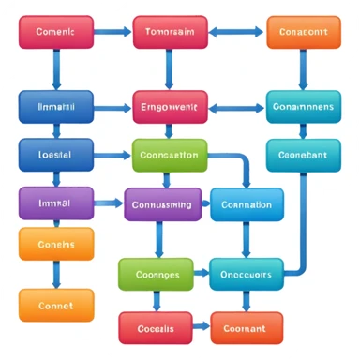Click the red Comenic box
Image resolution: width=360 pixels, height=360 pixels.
pyautogui.click(x=56, y=32)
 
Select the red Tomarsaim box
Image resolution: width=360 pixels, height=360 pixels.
pyautogui.click(x=170, y=32)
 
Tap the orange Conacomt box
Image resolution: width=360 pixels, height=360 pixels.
pyautogui.click(x=304, y=32)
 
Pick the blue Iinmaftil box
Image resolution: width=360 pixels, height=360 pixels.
pyautogui.click(x=56, y=108)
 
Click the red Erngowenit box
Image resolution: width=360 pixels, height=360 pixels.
pyautogui.click(x=170, y=108)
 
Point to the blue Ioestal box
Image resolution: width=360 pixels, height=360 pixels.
pyautogui.click(x=56, y=155)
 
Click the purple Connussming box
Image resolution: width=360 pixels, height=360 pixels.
pyautogui.click(x=162, y=203)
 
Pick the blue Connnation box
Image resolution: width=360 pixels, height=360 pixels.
pyautogui.click(x=247, y=204)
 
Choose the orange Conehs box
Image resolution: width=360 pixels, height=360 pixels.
pyautogui.click(x=56, y=244)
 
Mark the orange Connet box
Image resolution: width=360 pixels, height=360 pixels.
pyautogui.click(x=56, y=306)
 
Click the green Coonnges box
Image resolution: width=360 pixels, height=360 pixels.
pyautogui.click(x=156, y=275)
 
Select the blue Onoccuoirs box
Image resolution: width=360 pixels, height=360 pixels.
pyautogui.click(x=247, y=275)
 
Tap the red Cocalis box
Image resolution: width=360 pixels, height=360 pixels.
pyautogui.click(x=156, y=328)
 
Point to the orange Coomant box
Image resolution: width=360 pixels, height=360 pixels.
pyautogui.click(x=247, y=328)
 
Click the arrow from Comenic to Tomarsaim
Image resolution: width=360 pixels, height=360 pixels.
pyautogui.click(x=112, y=32)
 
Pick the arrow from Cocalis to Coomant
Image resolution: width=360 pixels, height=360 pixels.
pyautogui.click(x=201, y=328)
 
